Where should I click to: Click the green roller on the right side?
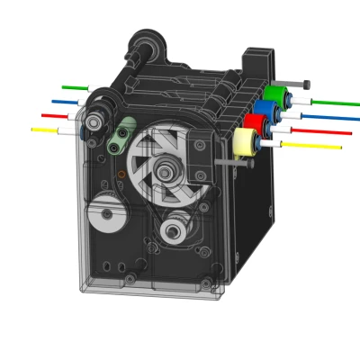tap(274, 94)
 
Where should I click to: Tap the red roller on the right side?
tap(255, 125)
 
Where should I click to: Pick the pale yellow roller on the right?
tap(243, 142)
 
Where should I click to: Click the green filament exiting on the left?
tap(74, 87)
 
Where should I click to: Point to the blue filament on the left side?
tap(64, 102)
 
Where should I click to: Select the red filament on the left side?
tap(54, 116)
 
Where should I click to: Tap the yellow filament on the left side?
tap(44, 130)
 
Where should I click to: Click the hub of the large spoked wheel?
tap(165, 171)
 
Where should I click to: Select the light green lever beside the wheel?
tap(121, 135)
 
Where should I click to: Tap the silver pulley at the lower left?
tap(107, 214)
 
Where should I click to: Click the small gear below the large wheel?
tap(174, 231)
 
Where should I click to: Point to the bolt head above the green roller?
tap(306, 85)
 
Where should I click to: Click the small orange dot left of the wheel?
tap(121, 174)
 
